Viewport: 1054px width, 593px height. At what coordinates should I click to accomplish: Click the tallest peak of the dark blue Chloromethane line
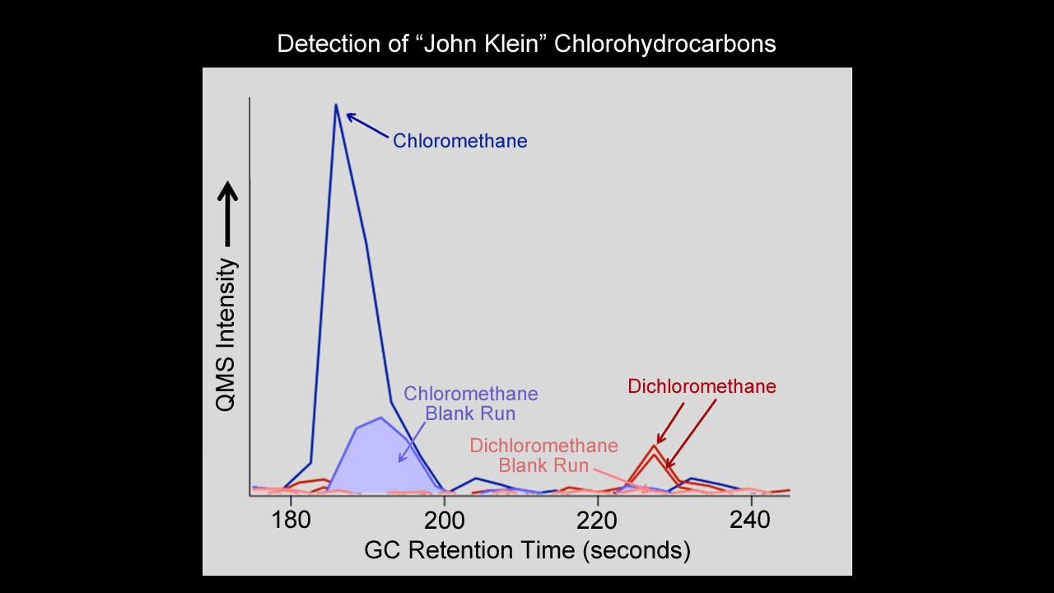point(336,105)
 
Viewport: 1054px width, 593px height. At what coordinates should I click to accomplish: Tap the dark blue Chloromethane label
point(459,141)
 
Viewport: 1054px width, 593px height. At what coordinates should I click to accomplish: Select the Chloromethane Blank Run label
point(470,403)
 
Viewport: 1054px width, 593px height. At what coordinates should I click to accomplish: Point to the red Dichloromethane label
point(702,386)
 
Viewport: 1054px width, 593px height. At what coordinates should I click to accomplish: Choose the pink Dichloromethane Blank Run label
point(543,455)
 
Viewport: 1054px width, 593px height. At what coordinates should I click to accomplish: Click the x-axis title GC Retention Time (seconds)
point(527,549)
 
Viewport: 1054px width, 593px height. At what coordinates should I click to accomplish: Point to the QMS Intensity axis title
point(226,334)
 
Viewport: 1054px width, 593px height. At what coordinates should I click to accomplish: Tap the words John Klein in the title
point(473,44)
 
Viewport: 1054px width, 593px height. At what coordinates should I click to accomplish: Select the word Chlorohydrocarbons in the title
point(665,44)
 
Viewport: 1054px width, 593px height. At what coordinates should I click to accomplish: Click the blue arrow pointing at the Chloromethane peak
point(367,126)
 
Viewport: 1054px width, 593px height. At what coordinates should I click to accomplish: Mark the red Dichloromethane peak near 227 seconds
point(654,446)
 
